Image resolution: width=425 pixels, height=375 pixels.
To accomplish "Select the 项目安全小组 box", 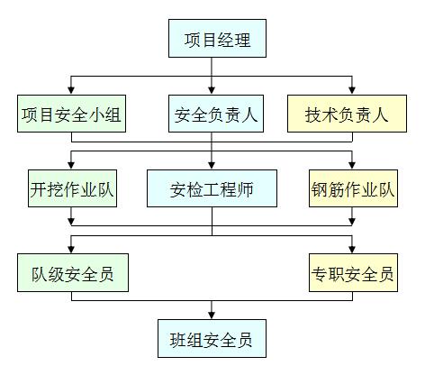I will coord(71,114).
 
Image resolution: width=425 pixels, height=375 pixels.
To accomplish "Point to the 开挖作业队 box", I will coord(71,190).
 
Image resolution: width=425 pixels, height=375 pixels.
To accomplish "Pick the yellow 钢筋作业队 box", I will coord(351,190).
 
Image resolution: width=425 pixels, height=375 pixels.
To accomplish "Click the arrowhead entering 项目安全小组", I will coord(71,89).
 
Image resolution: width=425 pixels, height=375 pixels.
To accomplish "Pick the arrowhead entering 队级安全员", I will coord(71,249).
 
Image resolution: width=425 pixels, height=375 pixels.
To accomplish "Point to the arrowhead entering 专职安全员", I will coord(351,249).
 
